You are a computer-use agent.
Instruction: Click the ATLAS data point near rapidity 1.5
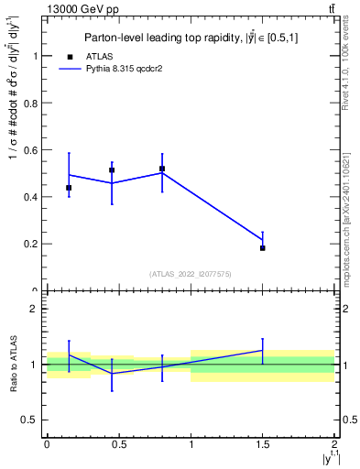[263, 248]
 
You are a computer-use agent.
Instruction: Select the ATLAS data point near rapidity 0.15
[69, 188]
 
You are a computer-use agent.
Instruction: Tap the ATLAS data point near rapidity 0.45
[112, 170]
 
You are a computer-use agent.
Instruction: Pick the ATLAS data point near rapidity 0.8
[162, 169]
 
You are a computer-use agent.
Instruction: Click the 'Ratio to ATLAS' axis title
[13, 364]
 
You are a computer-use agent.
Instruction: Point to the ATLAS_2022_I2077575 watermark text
[191, 273]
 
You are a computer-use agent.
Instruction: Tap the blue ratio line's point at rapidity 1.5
[263, 350]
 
